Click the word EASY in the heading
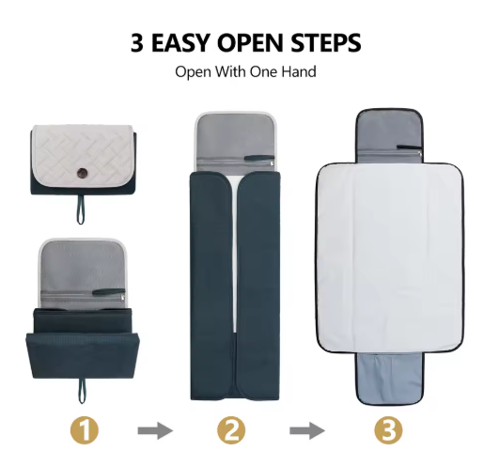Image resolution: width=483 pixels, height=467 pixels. coord(180,42)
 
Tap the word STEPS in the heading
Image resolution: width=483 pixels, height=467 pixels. coord(326,42)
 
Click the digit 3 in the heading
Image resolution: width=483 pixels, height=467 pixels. coord(137,42)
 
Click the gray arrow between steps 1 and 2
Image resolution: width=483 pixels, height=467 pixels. coord(155,430)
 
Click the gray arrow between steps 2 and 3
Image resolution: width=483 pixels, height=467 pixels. coord(307,430)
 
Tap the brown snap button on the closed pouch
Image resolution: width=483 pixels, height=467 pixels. coord(83,172)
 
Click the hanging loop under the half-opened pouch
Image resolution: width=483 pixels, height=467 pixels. coord(82,391)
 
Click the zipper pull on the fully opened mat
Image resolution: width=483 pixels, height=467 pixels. coord(410,147)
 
